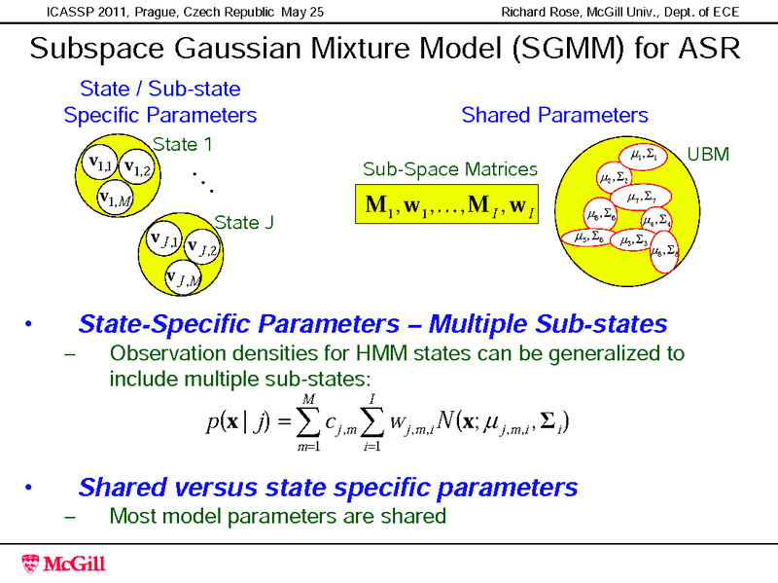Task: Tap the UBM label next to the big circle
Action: click(708, 155)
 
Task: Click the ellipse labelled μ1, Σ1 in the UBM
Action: click(643, 155)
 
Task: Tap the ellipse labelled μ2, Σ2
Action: click(616, 178)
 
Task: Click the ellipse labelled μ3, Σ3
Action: click(641, 240)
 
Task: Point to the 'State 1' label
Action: click(183, 145)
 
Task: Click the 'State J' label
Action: click(243, 222)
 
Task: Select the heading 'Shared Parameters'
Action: click(554, 116)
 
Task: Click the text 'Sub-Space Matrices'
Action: click(450, 169)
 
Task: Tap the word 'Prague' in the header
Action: click(160, 12)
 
